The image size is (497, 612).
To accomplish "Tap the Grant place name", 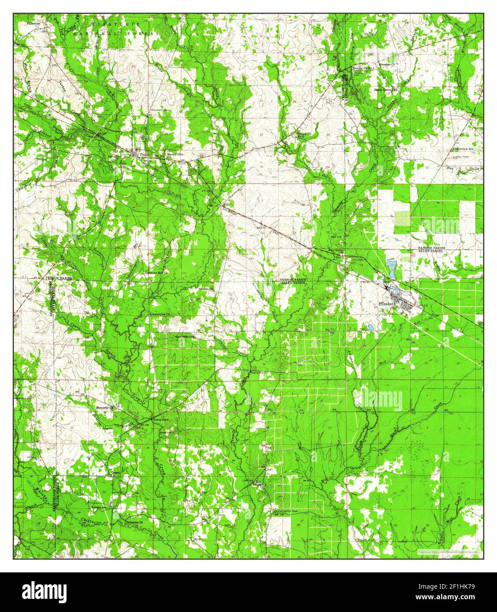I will [x=116, y=472].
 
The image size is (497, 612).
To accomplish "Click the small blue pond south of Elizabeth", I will [x=371, y=327].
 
